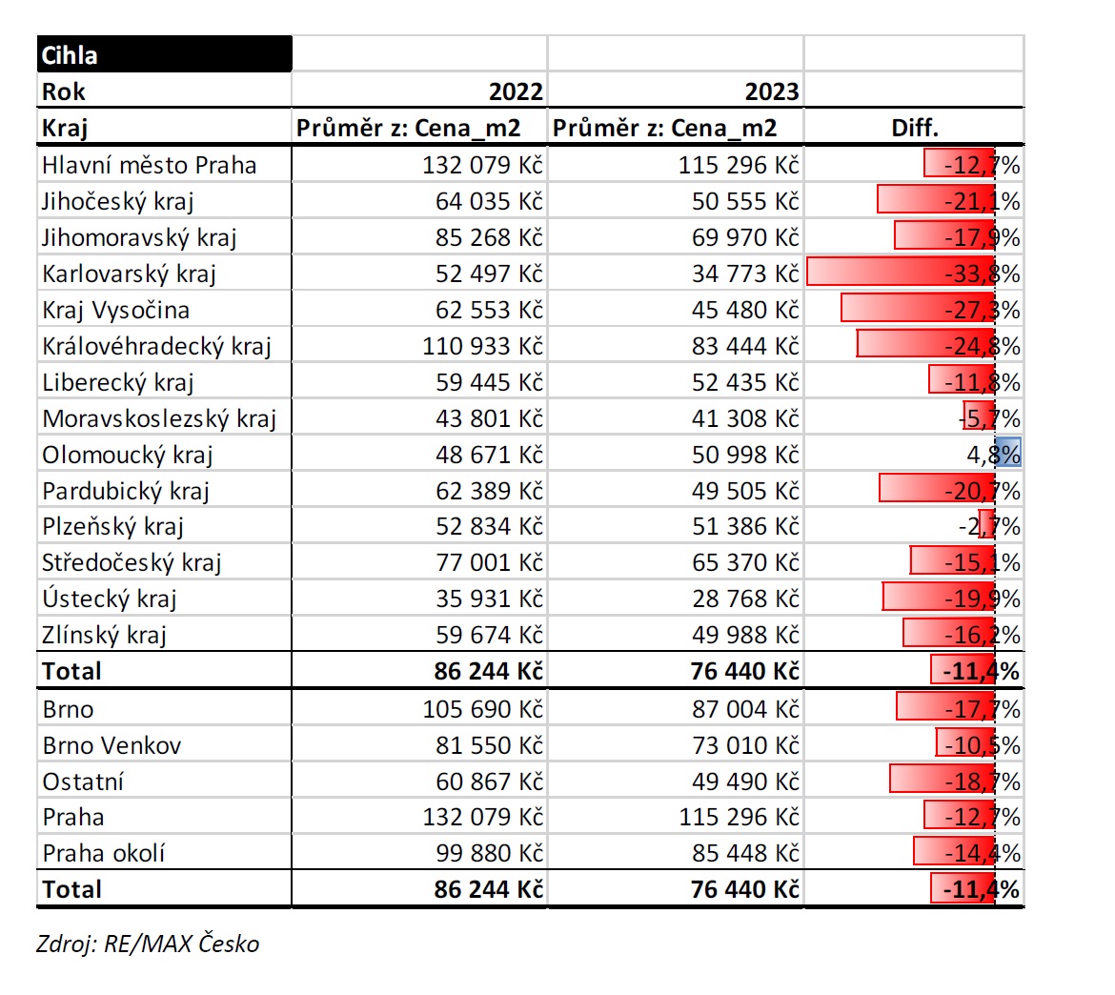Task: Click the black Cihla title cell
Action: (x=164, y=54)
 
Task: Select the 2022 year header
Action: (x=516, y=91)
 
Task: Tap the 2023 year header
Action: (x=772, y=91)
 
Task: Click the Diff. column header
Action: (x=915, y=128)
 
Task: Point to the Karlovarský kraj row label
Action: (x=129, y=274)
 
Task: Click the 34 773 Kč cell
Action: (x=745, y=274)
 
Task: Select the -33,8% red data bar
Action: (x=901, y=273)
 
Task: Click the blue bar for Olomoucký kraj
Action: (x=1007, y=453)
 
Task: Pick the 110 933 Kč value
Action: (x=482, y=346)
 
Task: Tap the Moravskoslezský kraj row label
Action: (x=158, y=419)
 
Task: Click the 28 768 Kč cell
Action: (x=745, y=599)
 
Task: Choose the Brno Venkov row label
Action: (x=111, y=745)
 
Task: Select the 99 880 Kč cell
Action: (x=489, y=853)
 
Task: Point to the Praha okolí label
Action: (x=103, y=853)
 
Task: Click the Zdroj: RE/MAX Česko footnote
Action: (x=148, y=944)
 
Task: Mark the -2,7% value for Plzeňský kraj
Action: (x=988, y=526)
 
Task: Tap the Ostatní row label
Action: (x=83, y=782)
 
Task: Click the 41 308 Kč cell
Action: (x=745, y=419)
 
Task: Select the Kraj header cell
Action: (x=65, y=129)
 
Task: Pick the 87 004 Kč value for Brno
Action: (x=745, y=709)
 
